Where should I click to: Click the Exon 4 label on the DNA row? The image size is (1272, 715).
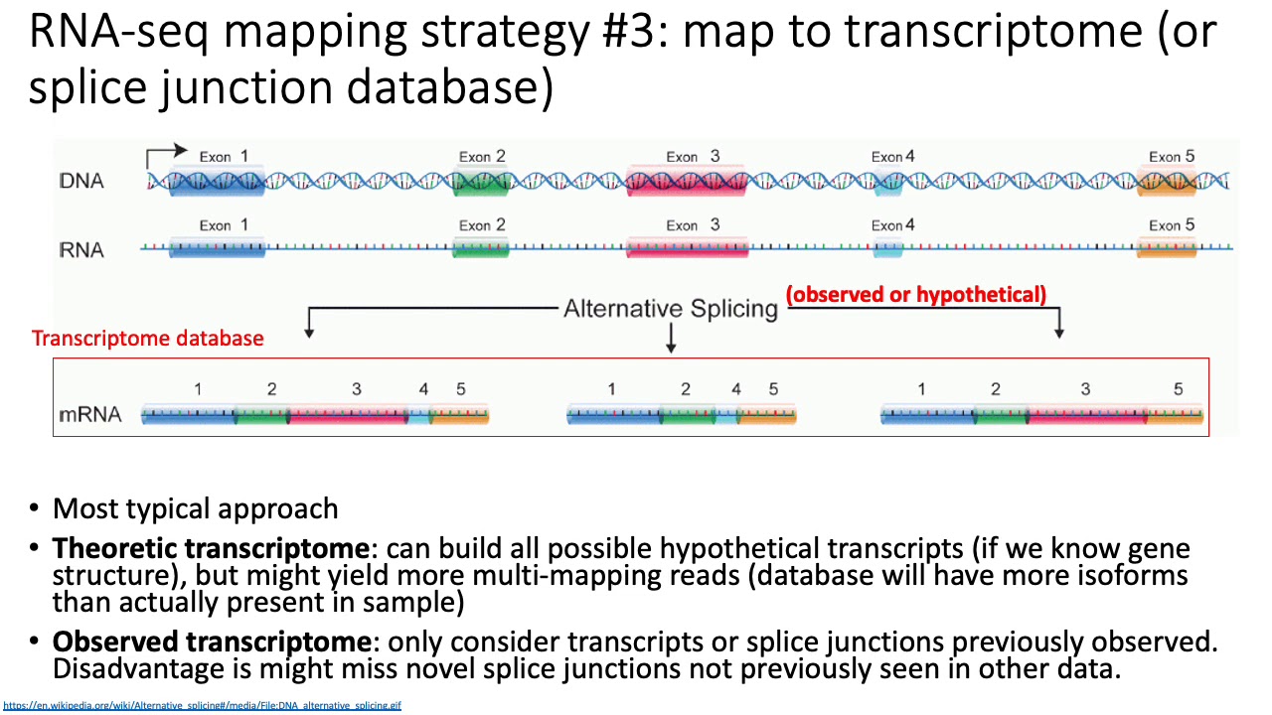pyautogui.click(x=892, y=157)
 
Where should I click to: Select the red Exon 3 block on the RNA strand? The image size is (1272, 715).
pyautogui.click(x=687, y=249)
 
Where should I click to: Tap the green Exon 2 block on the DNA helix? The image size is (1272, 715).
pyautogui.click(x=481, y=182)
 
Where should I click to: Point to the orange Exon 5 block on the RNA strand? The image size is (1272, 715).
pyautogui.click(x=1167, y=249)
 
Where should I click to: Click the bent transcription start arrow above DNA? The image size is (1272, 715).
pyautogui.click(x=165, y=154)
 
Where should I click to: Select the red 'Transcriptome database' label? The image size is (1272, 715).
pyautogui.click(x=148, y=339)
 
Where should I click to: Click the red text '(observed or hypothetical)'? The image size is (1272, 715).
pyautogui.click(x=916, y=294)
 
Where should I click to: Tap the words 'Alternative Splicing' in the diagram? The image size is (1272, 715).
pyautogui.click(x=670, y=309)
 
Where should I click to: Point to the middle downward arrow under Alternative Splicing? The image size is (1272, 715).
pyautogui.click(x=671, y=340)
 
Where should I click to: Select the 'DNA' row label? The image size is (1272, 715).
pyautogui.click(x=81, y=182)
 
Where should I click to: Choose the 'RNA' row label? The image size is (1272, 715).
pyautogui.click(x=81, y=249)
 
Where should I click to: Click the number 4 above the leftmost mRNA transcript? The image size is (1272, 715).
pyautogui.click(x=423, y=389)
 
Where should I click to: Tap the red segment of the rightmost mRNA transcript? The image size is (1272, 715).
pyautogui.click(x=1086, y=415)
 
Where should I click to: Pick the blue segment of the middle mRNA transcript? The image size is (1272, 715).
pyautogui.click(x=613, y=415)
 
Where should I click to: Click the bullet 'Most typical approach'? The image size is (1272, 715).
pyautogui.click(x=195, y=509)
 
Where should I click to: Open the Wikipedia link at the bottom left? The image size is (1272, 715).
pyautogui.click(x=202, y=706)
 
